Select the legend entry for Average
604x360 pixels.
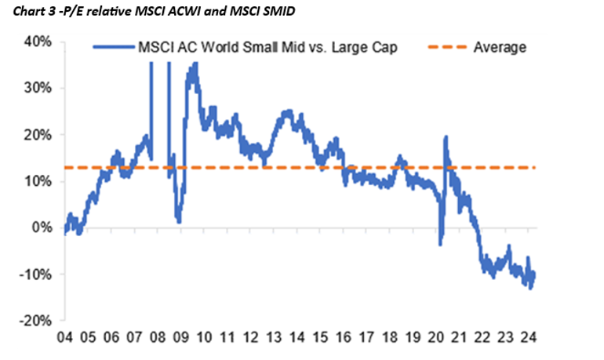click(x=500, y=48)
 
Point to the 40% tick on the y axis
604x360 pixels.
click(x=38, y=42)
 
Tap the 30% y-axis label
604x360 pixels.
click(x=38, y=88)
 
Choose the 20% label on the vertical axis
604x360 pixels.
click(x=38, y=135)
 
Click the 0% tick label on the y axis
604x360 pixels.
click(x=42, y=228)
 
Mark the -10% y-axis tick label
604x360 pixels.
click(x=37, y=275)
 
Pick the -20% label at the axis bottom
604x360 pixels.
click(x=37, y=321)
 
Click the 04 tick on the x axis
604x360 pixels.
click(x=64, y=339)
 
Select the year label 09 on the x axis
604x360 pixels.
click(x=181, y=339)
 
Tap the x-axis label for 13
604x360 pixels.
click(x=274, y=339)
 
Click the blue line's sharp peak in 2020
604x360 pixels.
click(x=446, y=137)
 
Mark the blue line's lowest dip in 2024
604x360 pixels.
click(x=530, y=288)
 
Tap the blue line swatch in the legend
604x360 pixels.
click(x=114, y=48)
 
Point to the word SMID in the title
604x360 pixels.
click(x=271, y=10)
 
